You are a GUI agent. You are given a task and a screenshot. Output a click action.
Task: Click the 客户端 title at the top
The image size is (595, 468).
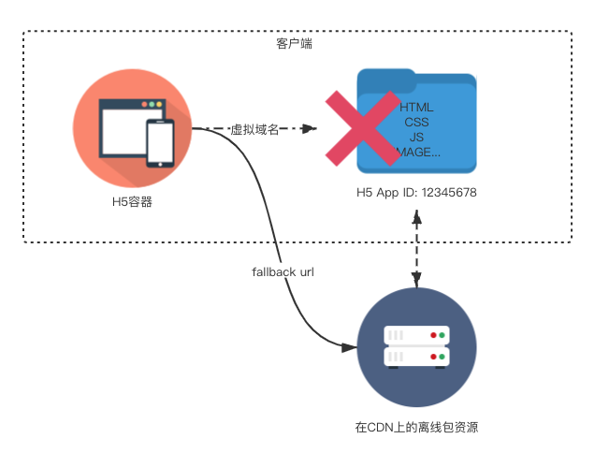pos(297,44)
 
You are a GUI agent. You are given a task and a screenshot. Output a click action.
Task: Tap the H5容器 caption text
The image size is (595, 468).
pos(132,201)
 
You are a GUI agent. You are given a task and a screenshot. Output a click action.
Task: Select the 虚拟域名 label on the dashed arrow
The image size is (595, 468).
pos(254,129)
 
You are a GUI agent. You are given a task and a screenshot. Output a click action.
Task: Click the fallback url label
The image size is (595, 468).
pos(283,272)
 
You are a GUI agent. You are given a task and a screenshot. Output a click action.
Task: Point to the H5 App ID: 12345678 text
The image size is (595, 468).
pos(417,193)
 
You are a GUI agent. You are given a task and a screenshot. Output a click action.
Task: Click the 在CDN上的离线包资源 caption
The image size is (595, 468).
pos(416,427)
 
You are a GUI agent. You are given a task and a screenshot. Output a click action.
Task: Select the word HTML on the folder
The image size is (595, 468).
pos(416,107)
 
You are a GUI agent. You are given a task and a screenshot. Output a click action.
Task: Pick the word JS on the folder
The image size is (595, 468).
pos(416,137)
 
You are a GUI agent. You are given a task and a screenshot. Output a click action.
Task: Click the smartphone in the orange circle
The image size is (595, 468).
pos(160,143)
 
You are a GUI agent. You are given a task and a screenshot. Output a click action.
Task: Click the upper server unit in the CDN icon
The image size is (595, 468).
pos(416,335)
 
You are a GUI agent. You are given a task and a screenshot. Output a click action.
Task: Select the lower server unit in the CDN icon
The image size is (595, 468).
pos(416,358)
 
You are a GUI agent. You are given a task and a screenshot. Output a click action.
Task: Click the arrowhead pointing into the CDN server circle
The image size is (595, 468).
pos(351,347)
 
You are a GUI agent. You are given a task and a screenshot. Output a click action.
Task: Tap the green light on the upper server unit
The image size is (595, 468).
pos(441,335)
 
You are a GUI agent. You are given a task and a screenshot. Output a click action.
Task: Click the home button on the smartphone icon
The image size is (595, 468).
pos(160,163)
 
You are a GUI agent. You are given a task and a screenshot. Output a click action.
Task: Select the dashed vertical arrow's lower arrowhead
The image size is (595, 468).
pos(417,280)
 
